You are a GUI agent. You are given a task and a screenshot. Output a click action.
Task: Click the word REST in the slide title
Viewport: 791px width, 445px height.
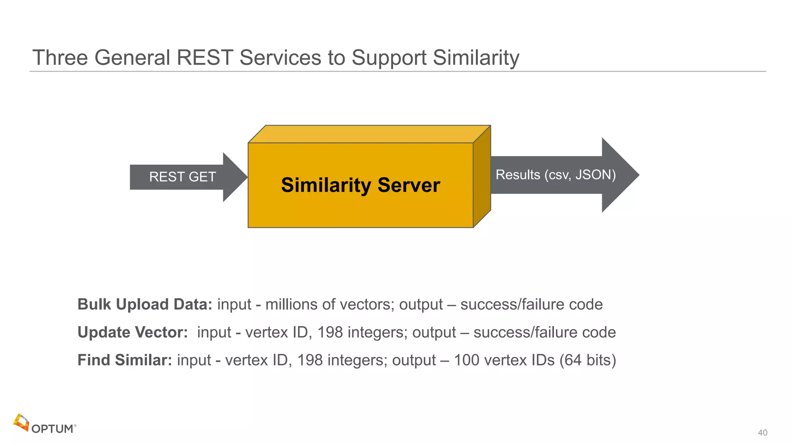pyautogui.click(x=205, y=58)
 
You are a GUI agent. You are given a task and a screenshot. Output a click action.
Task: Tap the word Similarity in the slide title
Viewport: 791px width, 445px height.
pyautogui.click(x=476, y=58)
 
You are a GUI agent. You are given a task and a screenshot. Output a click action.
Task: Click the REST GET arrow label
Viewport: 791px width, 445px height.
pyautogui.click(x=182, y=177)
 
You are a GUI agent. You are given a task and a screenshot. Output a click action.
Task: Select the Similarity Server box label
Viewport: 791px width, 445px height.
pyautogui.click(x=360, y=185)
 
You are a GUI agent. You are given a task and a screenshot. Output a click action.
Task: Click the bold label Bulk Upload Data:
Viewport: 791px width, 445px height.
pyautogui.click(x=145, y=304)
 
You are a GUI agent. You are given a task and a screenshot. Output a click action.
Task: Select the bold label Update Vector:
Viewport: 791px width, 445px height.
pyautogui.click(x=133, y=332)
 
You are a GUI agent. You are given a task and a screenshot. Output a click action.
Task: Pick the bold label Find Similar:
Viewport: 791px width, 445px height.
pyautogui.click(x=125, y=360)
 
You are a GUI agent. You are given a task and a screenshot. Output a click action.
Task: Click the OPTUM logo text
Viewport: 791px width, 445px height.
pyautogui.click(x=53, y=429)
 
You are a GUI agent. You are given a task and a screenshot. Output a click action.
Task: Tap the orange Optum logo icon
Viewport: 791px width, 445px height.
pyautogui.click(x=21, y=423)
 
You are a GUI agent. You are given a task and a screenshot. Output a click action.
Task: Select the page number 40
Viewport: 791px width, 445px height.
pyautogui.click(x=762, y=433)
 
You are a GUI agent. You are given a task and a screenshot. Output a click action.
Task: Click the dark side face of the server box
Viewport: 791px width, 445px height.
pyautogui.click(x=482, y=177)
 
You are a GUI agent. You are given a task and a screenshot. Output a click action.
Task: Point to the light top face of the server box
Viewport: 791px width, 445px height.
pyautogui.click(x=369, y=134)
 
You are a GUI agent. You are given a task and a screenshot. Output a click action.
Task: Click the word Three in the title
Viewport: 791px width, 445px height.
pyautogui.click(x=60, y=58)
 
